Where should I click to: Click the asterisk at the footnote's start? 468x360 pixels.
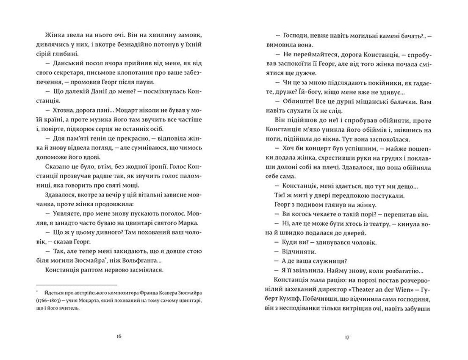tap(38, 291)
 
